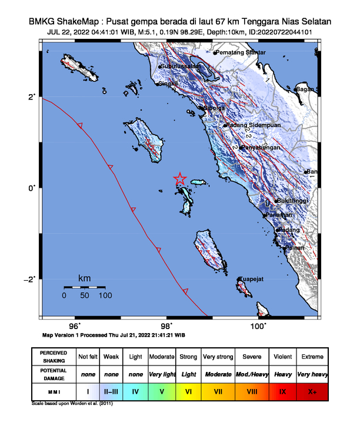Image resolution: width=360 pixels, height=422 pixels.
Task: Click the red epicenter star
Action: (180, 179)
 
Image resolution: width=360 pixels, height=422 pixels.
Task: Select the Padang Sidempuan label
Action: (254, 125)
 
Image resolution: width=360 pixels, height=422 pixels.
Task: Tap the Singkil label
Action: (169, 84)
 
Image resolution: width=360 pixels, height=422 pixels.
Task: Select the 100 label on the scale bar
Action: (105, 296)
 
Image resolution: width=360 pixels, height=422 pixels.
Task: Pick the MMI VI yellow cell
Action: (188, 391)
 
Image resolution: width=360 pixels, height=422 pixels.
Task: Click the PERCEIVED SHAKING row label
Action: (54, 357)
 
